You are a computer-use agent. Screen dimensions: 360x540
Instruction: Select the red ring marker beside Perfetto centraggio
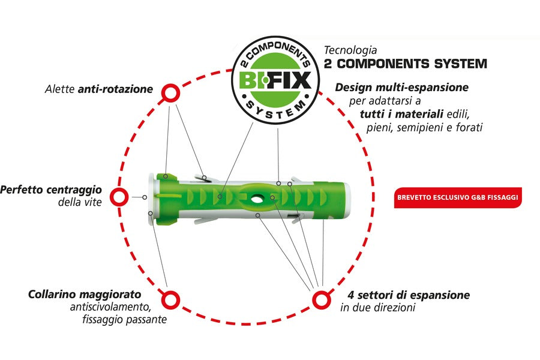pyautogui.click(x=120, y=197)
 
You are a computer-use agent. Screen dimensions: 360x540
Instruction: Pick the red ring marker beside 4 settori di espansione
pyautogui.click(x=320, y=299)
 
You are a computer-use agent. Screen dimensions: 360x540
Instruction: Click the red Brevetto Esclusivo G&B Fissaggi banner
pyautogui.click(x=458, y=197)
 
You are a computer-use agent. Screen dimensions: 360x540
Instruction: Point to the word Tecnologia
pyautogui.click(x=350, y=51)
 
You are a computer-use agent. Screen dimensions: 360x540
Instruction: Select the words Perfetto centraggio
pyautogui.click(x=51, y=190)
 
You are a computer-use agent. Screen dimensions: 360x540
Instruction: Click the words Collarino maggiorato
pyautogui.click(x=85, y=295)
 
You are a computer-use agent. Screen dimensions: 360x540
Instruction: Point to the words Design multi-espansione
pyautogui.click(x=402, y=88)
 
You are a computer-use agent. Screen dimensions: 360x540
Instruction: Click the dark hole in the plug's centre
pyautogui.click(x=262, y=197)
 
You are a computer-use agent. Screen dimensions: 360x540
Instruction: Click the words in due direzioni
pyautogui.click(x=377, y=308)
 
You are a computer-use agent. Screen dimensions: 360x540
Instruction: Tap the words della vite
pyautogui.click(x=79, y=202)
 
